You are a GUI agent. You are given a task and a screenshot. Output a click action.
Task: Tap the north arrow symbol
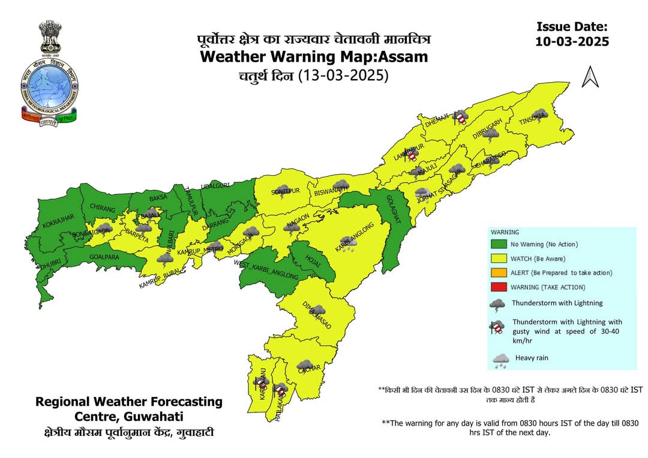590,77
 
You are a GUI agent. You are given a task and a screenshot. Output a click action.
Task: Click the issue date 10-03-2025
572,41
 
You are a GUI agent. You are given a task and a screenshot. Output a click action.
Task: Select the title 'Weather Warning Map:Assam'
314,57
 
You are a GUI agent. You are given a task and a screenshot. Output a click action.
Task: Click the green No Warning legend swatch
499,245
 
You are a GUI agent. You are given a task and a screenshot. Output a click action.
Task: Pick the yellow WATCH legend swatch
499,258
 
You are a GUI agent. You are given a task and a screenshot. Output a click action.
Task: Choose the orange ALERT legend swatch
499,273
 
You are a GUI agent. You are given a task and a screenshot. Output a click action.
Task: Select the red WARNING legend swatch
499,287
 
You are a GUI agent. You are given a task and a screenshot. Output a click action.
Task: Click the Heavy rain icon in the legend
500,359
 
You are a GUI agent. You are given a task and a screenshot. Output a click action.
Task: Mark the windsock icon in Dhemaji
460,117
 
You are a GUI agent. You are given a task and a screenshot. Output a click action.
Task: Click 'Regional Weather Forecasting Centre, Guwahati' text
129,409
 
